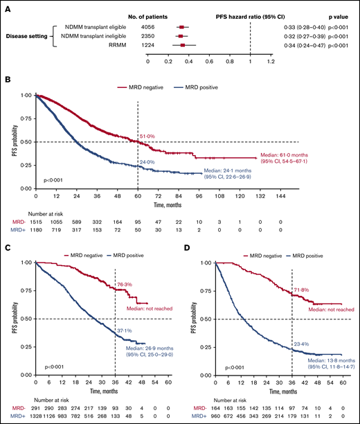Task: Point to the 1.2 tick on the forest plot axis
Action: (x=271, y=61)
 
